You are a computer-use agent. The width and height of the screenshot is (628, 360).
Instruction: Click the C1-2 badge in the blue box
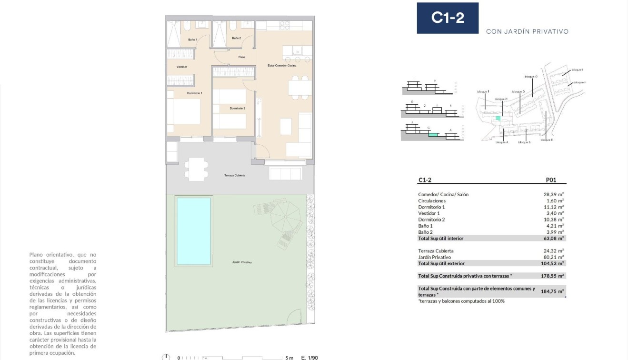[x=448, y=18]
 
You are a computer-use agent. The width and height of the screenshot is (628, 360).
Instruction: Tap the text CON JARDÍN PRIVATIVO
[x=527, y=32]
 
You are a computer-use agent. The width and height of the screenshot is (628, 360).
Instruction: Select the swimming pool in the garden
[x=193, y=231]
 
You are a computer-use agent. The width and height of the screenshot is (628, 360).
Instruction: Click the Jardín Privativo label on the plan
[x=242, y=262]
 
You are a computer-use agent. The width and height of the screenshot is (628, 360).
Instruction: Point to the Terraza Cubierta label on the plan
[x=235, y=176]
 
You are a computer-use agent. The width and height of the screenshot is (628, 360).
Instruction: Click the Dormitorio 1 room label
[x=195, y=93]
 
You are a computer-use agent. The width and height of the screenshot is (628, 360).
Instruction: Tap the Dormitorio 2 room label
[x=237, y=109]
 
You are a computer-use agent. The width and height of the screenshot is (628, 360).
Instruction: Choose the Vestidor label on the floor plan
[x=182, y=67]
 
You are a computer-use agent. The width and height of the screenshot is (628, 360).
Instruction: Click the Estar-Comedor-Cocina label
[x=282, y=66]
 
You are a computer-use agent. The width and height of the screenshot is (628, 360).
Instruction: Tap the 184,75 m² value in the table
[x=552, y=291]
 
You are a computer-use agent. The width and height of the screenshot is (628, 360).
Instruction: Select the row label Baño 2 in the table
[x=425, y=232]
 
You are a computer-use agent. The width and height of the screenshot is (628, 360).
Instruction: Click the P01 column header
[x=550, y=180]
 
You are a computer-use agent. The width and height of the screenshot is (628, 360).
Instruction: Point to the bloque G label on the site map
[x=531, y=77]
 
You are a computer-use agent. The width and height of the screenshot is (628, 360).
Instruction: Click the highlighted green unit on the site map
[x=498, y=118]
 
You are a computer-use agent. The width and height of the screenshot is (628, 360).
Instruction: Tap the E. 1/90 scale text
[x=310, y=357]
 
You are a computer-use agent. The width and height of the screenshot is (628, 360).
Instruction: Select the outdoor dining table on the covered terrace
[x=196, y=169]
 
